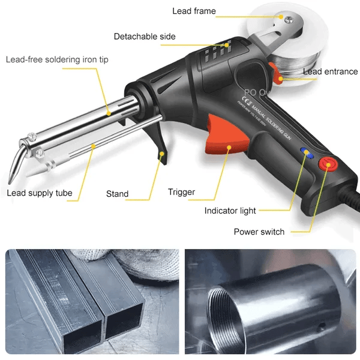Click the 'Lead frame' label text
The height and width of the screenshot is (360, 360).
pyautogui.click(x=194, y=11)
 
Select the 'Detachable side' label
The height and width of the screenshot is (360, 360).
pyautogui.click(x=145, y=37)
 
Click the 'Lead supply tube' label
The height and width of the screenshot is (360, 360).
pyautogui.click(x=40, y=193)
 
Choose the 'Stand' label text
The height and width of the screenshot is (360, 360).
pyautogui.click(x=117, y=194)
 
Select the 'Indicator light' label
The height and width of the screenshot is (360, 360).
pyautogui.click(x=230, y=211)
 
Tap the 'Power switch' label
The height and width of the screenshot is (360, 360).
pyautogui.click(x=259, y=232)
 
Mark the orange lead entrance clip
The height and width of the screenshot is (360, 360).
pyautogui.click(x=278, y=77)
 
